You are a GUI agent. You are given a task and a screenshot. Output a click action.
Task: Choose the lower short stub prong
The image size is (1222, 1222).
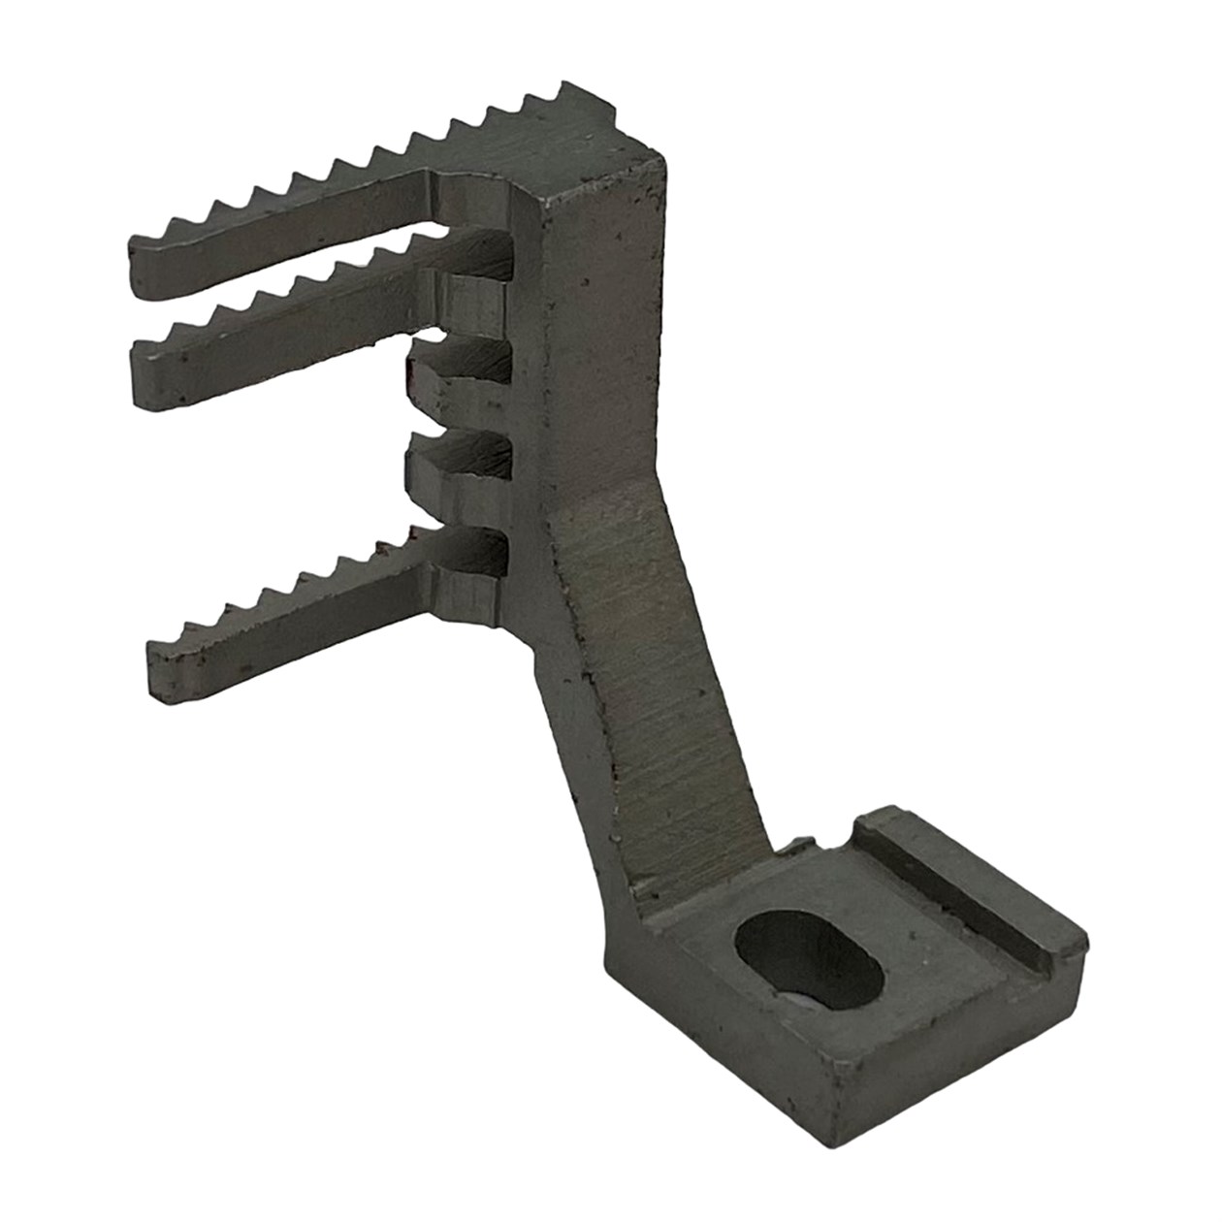click(456, 461)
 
